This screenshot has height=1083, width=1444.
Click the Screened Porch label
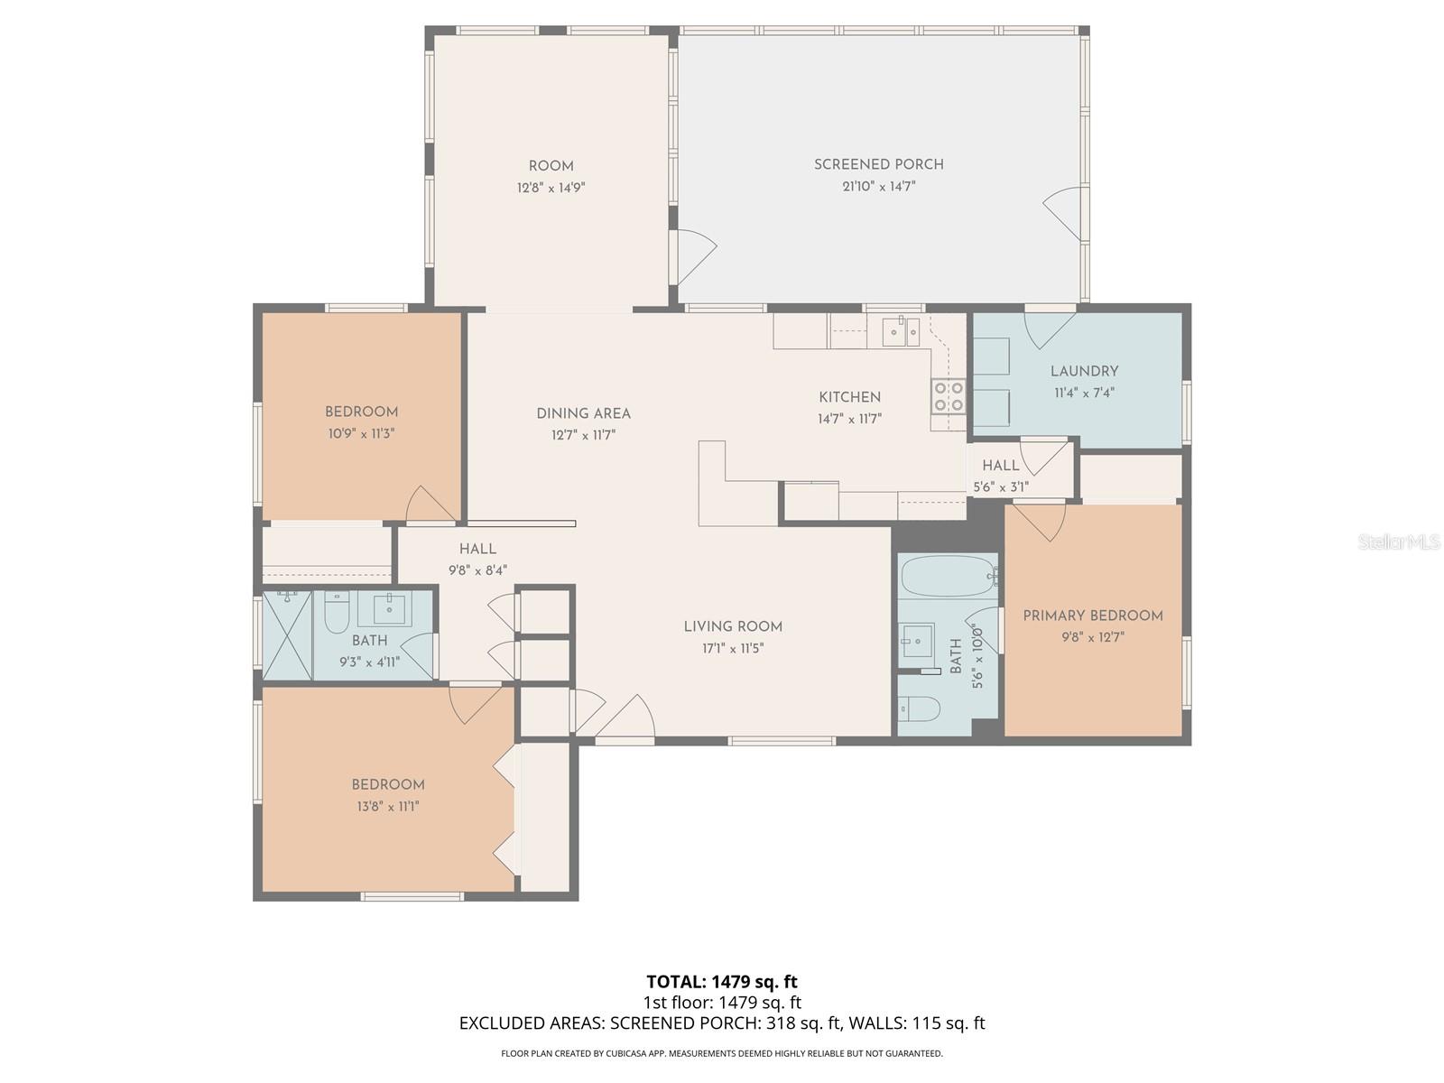pos(878,164)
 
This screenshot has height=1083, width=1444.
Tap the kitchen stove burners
pos(948,396)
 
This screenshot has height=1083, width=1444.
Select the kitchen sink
pos(900,332)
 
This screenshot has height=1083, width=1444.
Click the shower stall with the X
pos(287,635)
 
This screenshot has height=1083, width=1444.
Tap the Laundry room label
pos(1084,371)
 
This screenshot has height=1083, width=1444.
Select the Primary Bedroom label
pos(1092,616)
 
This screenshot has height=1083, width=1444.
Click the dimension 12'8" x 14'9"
pos(551,188)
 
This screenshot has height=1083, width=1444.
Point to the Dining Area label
pos(583,413)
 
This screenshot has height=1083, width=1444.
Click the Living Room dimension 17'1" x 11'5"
pos(733,648)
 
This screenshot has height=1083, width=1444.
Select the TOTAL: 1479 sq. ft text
pos(722,982)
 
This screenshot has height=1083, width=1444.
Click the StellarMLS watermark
pos(1398,541)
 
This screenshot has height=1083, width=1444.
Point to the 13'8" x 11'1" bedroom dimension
pos(387,806)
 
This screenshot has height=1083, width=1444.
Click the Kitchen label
pos(849,397)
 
